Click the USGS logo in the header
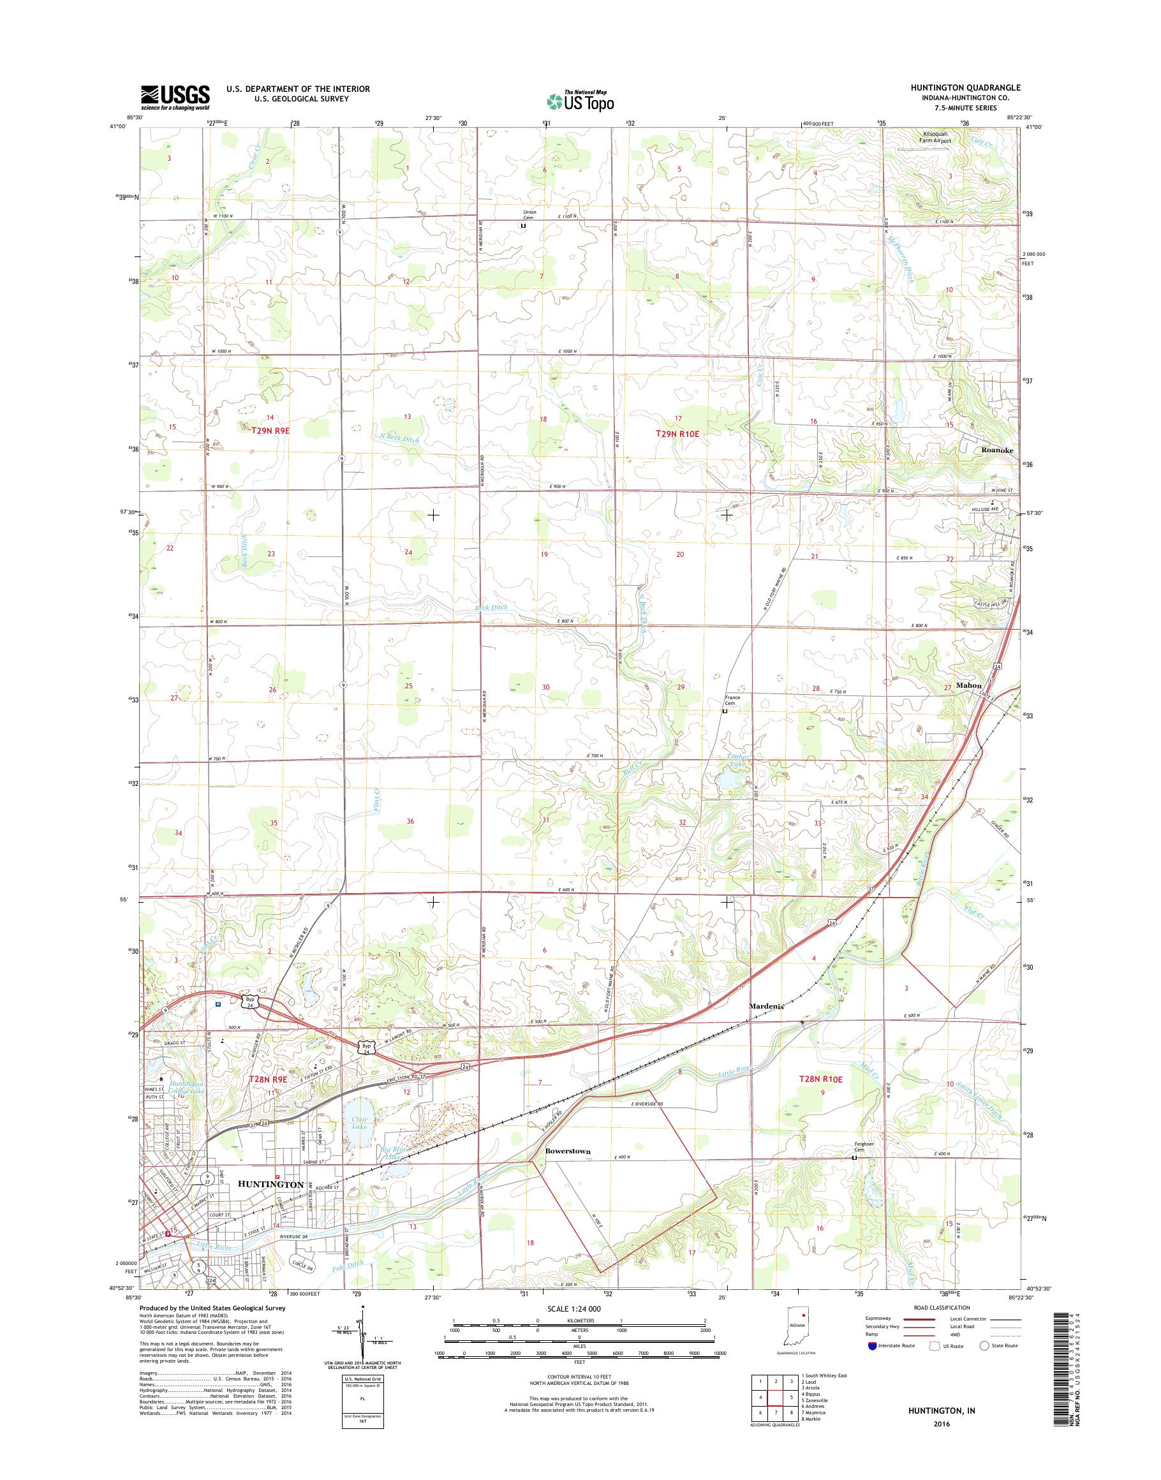pyautogui.click(x=175, y=97)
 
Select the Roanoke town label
pyautogui.click(x=996, y=449)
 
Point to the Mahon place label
pyautogui.click(x=968, y=686)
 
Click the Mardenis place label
pyautogui.click(x=767, y=1005)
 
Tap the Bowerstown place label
pyautogui.click(x=568, y=1151)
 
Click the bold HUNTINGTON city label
pyautogui.click(x=270, y=1184)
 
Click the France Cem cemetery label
pyautogui.click(x=732, y=700)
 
